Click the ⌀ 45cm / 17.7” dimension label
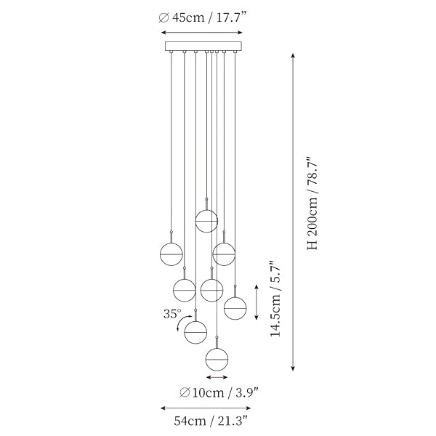pyautogui.click(x=203, y=17)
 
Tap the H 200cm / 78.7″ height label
pyautogui.click(x=312, y=203)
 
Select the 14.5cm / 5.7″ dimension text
pyautogui.click(x=275, y=299)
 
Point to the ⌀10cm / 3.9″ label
pyautogui.click(x=219, y=392)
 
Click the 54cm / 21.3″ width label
pyautogui.click(x=211, y=421)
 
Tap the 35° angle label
pyautogui.click(x=172, y=314)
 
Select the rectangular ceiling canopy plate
pyautogui.click(x=203, y=47)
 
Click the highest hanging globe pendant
pyautogui.click(x=206, y=221)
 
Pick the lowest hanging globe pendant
pyautogui.click(x=217, y=359)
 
